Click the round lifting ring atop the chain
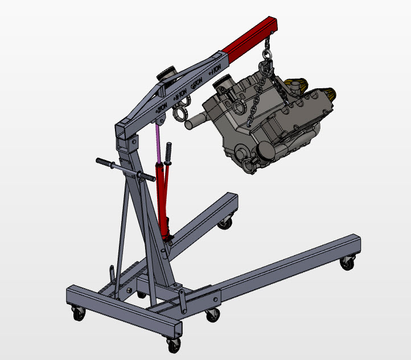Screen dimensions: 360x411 click(266, 55)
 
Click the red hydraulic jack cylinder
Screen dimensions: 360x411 click(162, 199)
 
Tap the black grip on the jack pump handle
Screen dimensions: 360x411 click(168, 153)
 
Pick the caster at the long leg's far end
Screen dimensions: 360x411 click(346, 263)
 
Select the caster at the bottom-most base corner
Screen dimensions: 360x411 click(172, 344)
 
